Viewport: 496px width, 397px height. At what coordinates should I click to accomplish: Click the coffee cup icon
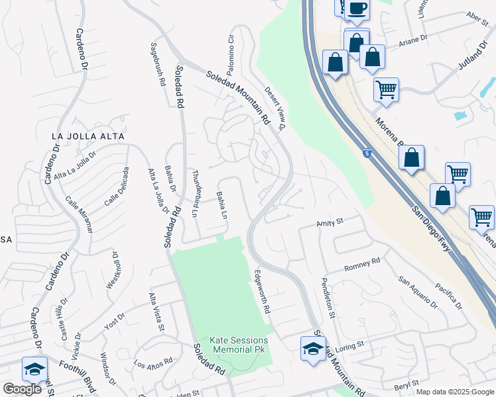coord(357,9)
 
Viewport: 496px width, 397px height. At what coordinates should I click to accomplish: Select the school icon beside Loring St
coord(313,348)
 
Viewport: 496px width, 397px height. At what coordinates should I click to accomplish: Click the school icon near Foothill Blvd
coord(34,369)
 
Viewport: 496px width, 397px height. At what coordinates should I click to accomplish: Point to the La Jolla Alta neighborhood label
coord(88,136)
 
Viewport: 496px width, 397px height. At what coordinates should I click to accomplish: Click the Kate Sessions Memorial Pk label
coord(239,345)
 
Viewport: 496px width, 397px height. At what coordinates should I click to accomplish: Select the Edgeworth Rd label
coord(263,291)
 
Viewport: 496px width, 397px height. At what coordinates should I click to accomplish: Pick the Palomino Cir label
coord(231,55)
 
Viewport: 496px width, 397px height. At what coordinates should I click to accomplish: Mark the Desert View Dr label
coord(275,108)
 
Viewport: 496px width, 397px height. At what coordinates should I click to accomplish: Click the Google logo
coord(22,389)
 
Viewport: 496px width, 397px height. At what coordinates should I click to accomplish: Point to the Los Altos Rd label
coord(153,363)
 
